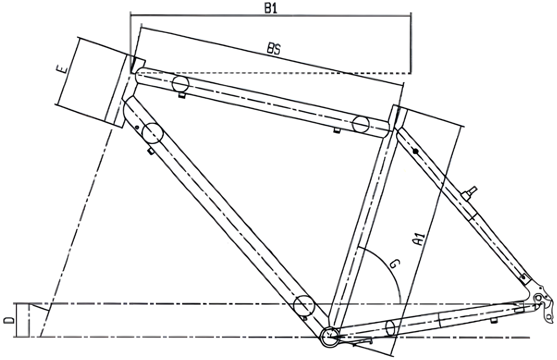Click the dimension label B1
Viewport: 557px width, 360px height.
271,9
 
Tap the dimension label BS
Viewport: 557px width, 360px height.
274,49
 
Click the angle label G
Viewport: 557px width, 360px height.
395,264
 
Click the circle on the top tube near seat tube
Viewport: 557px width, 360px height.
361,124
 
